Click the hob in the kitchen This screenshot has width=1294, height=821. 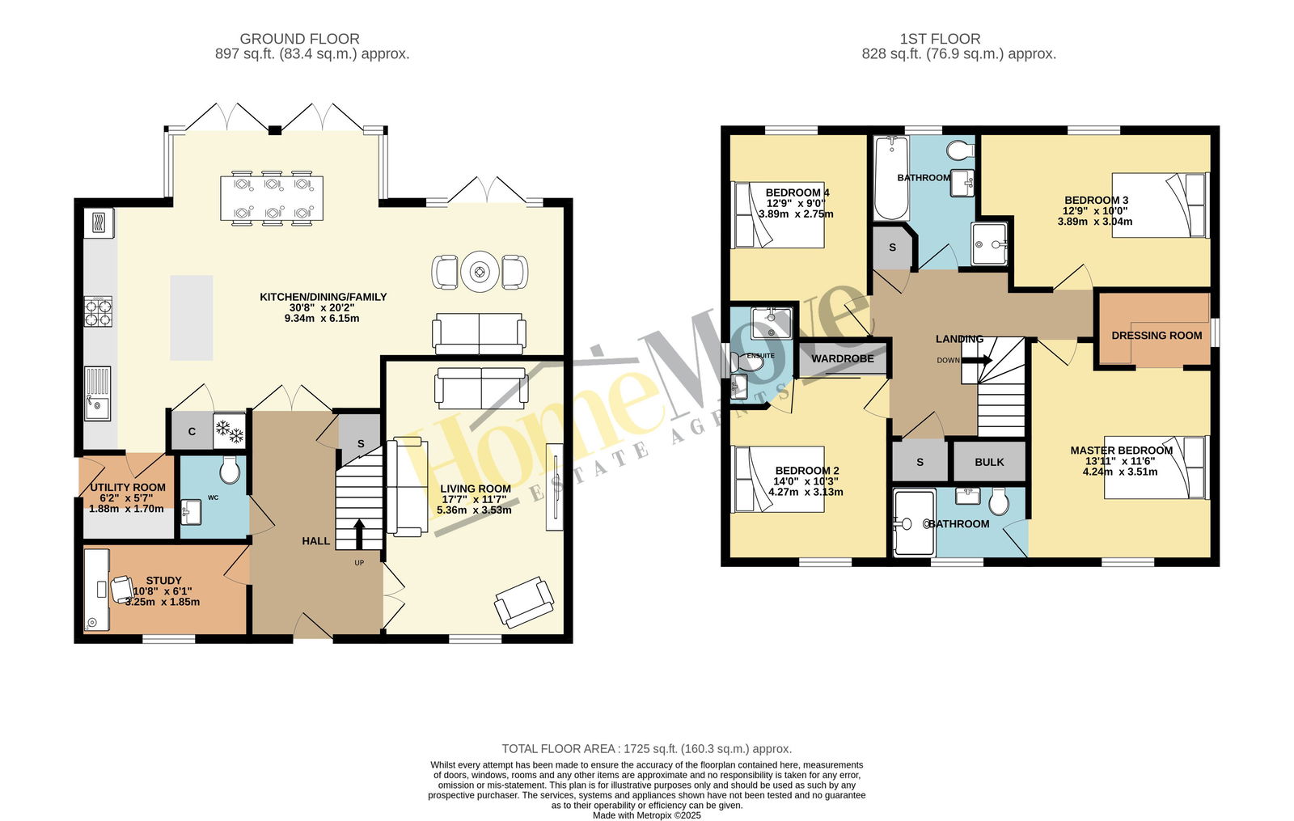pos(98,312)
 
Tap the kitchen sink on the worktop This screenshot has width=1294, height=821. pos(98,393)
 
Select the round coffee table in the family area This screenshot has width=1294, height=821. pos(480,271)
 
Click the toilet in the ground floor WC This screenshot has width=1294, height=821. pos(230,470)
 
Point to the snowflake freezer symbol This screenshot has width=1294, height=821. pos(230,430)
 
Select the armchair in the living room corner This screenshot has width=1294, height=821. pos(524,602)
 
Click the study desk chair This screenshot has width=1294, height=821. pos(122,589)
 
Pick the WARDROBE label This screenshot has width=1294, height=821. pos(842,359)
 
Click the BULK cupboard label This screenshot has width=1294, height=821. pos(989,462)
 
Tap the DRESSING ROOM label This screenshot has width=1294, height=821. pos(1157,336)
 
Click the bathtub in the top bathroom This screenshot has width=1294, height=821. pos(891,178)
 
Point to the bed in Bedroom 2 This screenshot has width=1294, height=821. pos(777,479)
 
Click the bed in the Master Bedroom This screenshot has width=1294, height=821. pos(1157,468)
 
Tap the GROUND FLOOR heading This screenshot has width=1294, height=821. pos(299,39)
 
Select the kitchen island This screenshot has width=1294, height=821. pos(191,318)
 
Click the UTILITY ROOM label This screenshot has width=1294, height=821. pos(128,488)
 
